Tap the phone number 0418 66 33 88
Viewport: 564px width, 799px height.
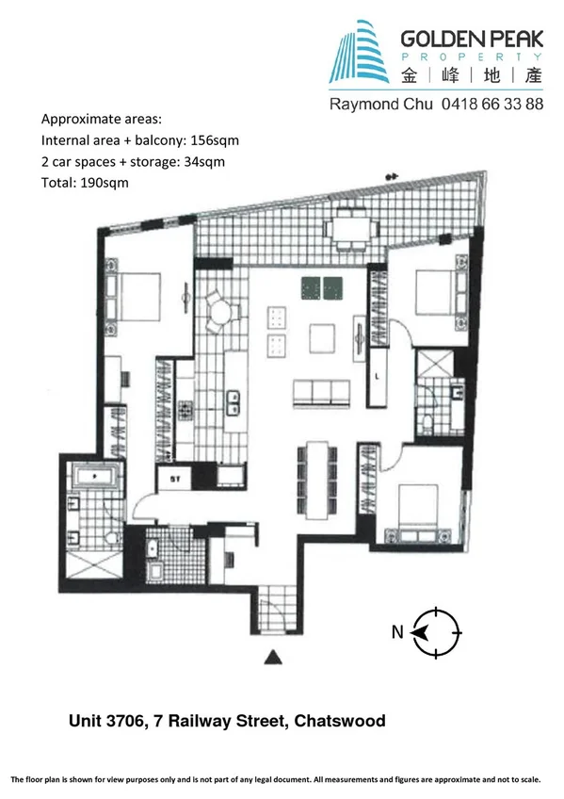pos(491,105)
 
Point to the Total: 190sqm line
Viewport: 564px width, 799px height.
pos(85,182)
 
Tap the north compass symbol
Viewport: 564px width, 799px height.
pos(438,632)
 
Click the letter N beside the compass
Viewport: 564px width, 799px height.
pos(399,632)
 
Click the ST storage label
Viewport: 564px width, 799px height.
pos(174,478)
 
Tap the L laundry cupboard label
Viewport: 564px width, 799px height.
pos(377,375)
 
